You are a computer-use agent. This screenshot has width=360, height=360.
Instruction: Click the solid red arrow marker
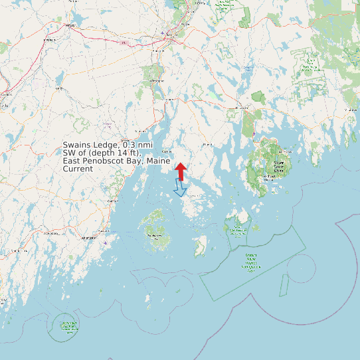point(181,170)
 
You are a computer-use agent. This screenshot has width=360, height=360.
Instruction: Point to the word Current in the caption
point(78,169)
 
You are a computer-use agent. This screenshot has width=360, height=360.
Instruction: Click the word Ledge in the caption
point(107,145)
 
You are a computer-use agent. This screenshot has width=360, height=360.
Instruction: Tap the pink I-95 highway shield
point(124,43)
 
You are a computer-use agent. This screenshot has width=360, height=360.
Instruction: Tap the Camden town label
point(112,200)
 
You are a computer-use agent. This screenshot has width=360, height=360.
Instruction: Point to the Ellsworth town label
point(242,108)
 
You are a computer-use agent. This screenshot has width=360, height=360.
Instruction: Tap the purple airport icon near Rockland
point(106,242)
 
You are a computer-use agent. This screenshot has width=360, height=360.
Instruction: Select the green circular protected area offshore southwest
point(66,325)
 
